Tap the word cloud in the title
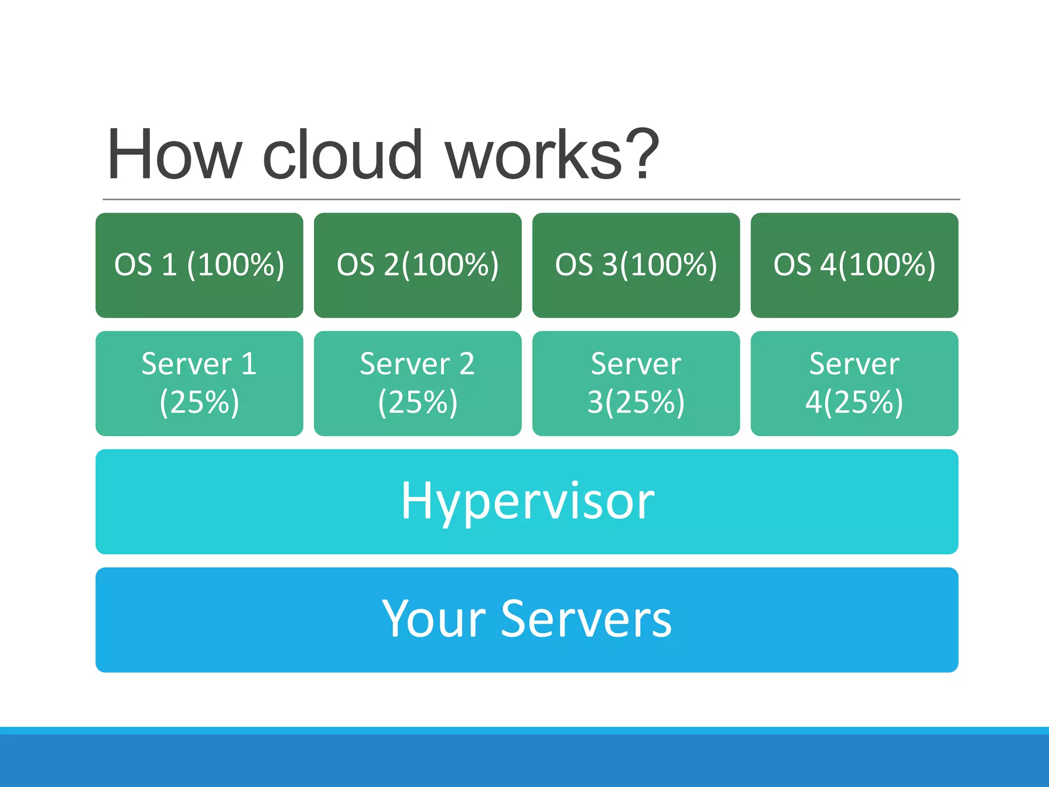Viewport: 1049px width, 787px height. tap(342, 155)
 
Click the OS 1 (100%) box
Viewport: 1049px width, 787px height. tap(199, 265)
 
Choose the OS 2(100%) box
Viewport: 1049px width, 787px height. tap(417, 265)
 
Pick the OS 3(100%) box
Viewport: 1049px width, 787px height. tap(636, 265)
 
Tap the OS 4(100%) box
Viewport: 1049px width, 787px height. tap(854, 265)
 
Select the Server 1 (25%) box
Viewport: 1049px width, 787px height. tap(199, 383)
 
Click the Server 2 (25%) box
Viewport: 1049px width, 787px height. tap(417, 383)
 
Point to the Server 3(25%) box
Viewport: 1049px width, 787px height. tap(636, 383)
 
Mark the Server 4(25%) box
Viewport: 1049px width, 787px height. tap(854, 383)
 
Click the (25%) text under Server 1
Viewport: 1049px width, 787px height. tap(199, 402)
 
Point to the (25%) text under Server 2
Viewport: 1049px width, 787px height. tap(417, 402)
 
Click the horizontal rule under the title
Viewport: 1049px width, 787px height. tap(531, 199)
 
